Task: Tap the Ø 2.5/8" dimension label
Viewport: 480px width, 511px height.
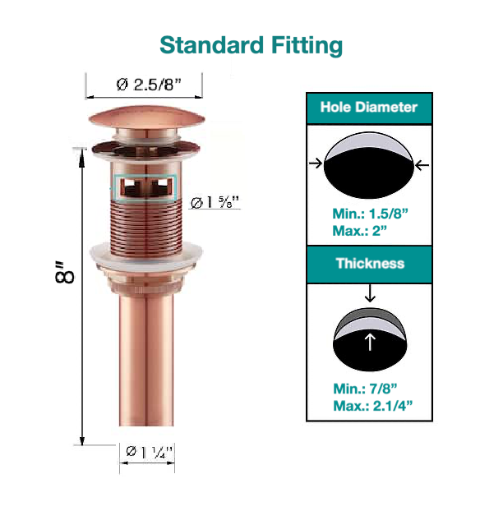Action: coord(145,85)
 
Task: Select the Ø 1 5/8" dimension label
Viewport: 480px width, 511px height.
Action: coord(215,202)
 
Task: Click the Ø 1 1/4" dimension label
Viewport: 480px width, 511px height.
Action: coord(147,451)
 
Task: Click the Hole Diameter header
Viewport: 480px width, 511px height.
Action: coord(368,108)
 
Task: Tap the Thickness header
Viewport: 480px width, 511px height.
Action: coord(369,264)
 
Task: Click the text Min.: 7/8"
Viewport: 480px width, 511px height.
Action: coord(366,388)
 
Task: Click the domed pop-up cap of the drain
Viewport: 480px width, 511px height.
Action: coord(145,117)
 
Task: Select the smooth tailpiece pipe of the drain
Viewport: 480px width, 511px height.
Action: coord(145,361)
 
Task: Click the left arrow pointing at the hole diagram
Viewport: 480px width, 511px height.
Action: coord(315,164)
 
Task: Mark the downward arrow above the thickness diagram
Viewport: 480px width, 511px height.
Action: coord(369,292)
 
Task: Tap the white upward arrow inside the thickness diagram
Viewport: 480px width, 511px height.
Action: coord(369,341)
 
